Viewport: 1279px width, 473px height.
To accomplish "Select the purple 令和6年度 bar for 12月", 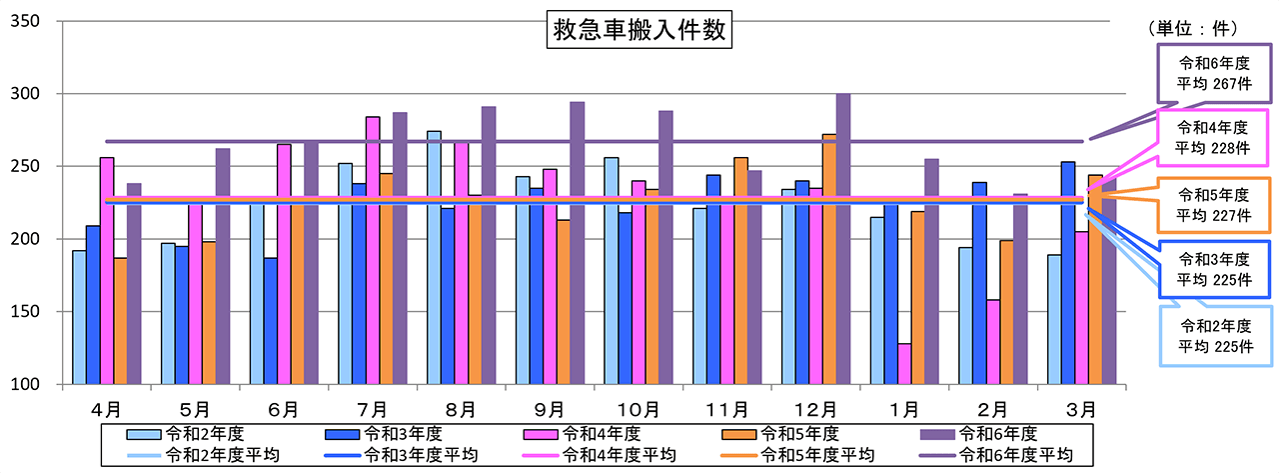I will pyautogui.click(x=842, y=239).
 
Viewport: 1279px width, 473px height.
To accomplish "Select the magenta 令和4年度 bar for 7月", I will pyautogui.click(x=373, y=250).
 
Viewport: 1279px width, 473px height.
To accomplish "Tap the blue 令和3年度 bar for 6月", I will pyautogui.click(x=270, y=321).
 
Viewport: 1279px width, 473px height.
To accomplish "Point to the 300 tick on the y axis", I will pyautogui.click(x=39, y=94).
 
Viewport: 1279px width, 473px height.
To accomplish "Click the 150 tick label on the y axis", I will pyautogui.click(x=39, y=312).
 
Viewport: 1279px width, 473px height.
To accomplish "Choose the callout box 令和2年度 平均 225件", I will pyautogui.click(x=1215, y=336).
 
